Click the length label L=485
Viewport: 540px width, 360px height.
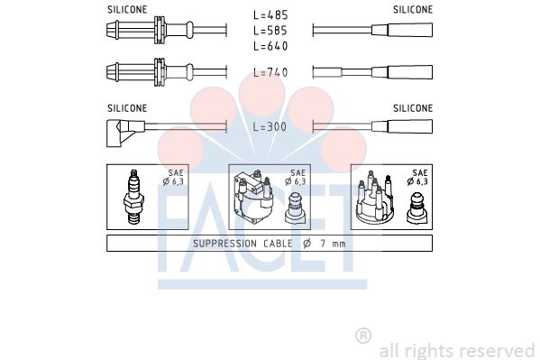pos(270,15)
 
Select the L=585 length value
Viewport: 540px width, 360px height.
pos(270,31)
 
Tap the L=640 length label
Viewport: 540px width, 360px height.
pos(270,46)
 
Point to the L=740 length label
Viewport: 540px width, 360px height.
pos(270,72)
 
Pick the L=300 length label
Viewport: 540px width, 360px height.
pos(270,127)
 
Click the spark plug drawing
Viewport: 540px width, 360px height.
pos(133,197)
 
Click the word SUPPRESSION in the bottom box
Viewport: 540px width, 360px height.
pos(224,244)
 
